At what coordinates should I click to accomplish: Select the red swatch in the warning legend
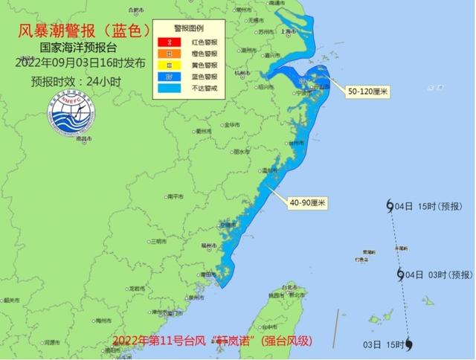click(170, 43)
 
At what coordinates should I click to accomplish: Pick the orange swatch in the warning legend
click(170, 54)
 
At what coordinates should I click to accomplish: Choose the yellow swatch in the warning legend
click(170, 64)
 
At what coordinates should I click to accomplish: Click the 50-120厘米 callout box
click(369, 91)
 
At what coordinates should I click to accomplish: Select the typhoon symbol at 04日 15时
click(390, 207)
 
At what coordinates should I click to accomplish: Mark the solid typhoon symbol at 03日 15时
click(409, 344)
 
